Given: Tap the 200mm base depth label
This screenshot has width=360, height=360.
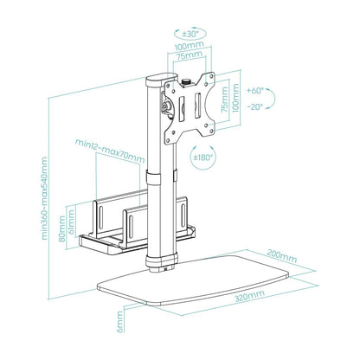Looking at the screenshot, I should (283, 256).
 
